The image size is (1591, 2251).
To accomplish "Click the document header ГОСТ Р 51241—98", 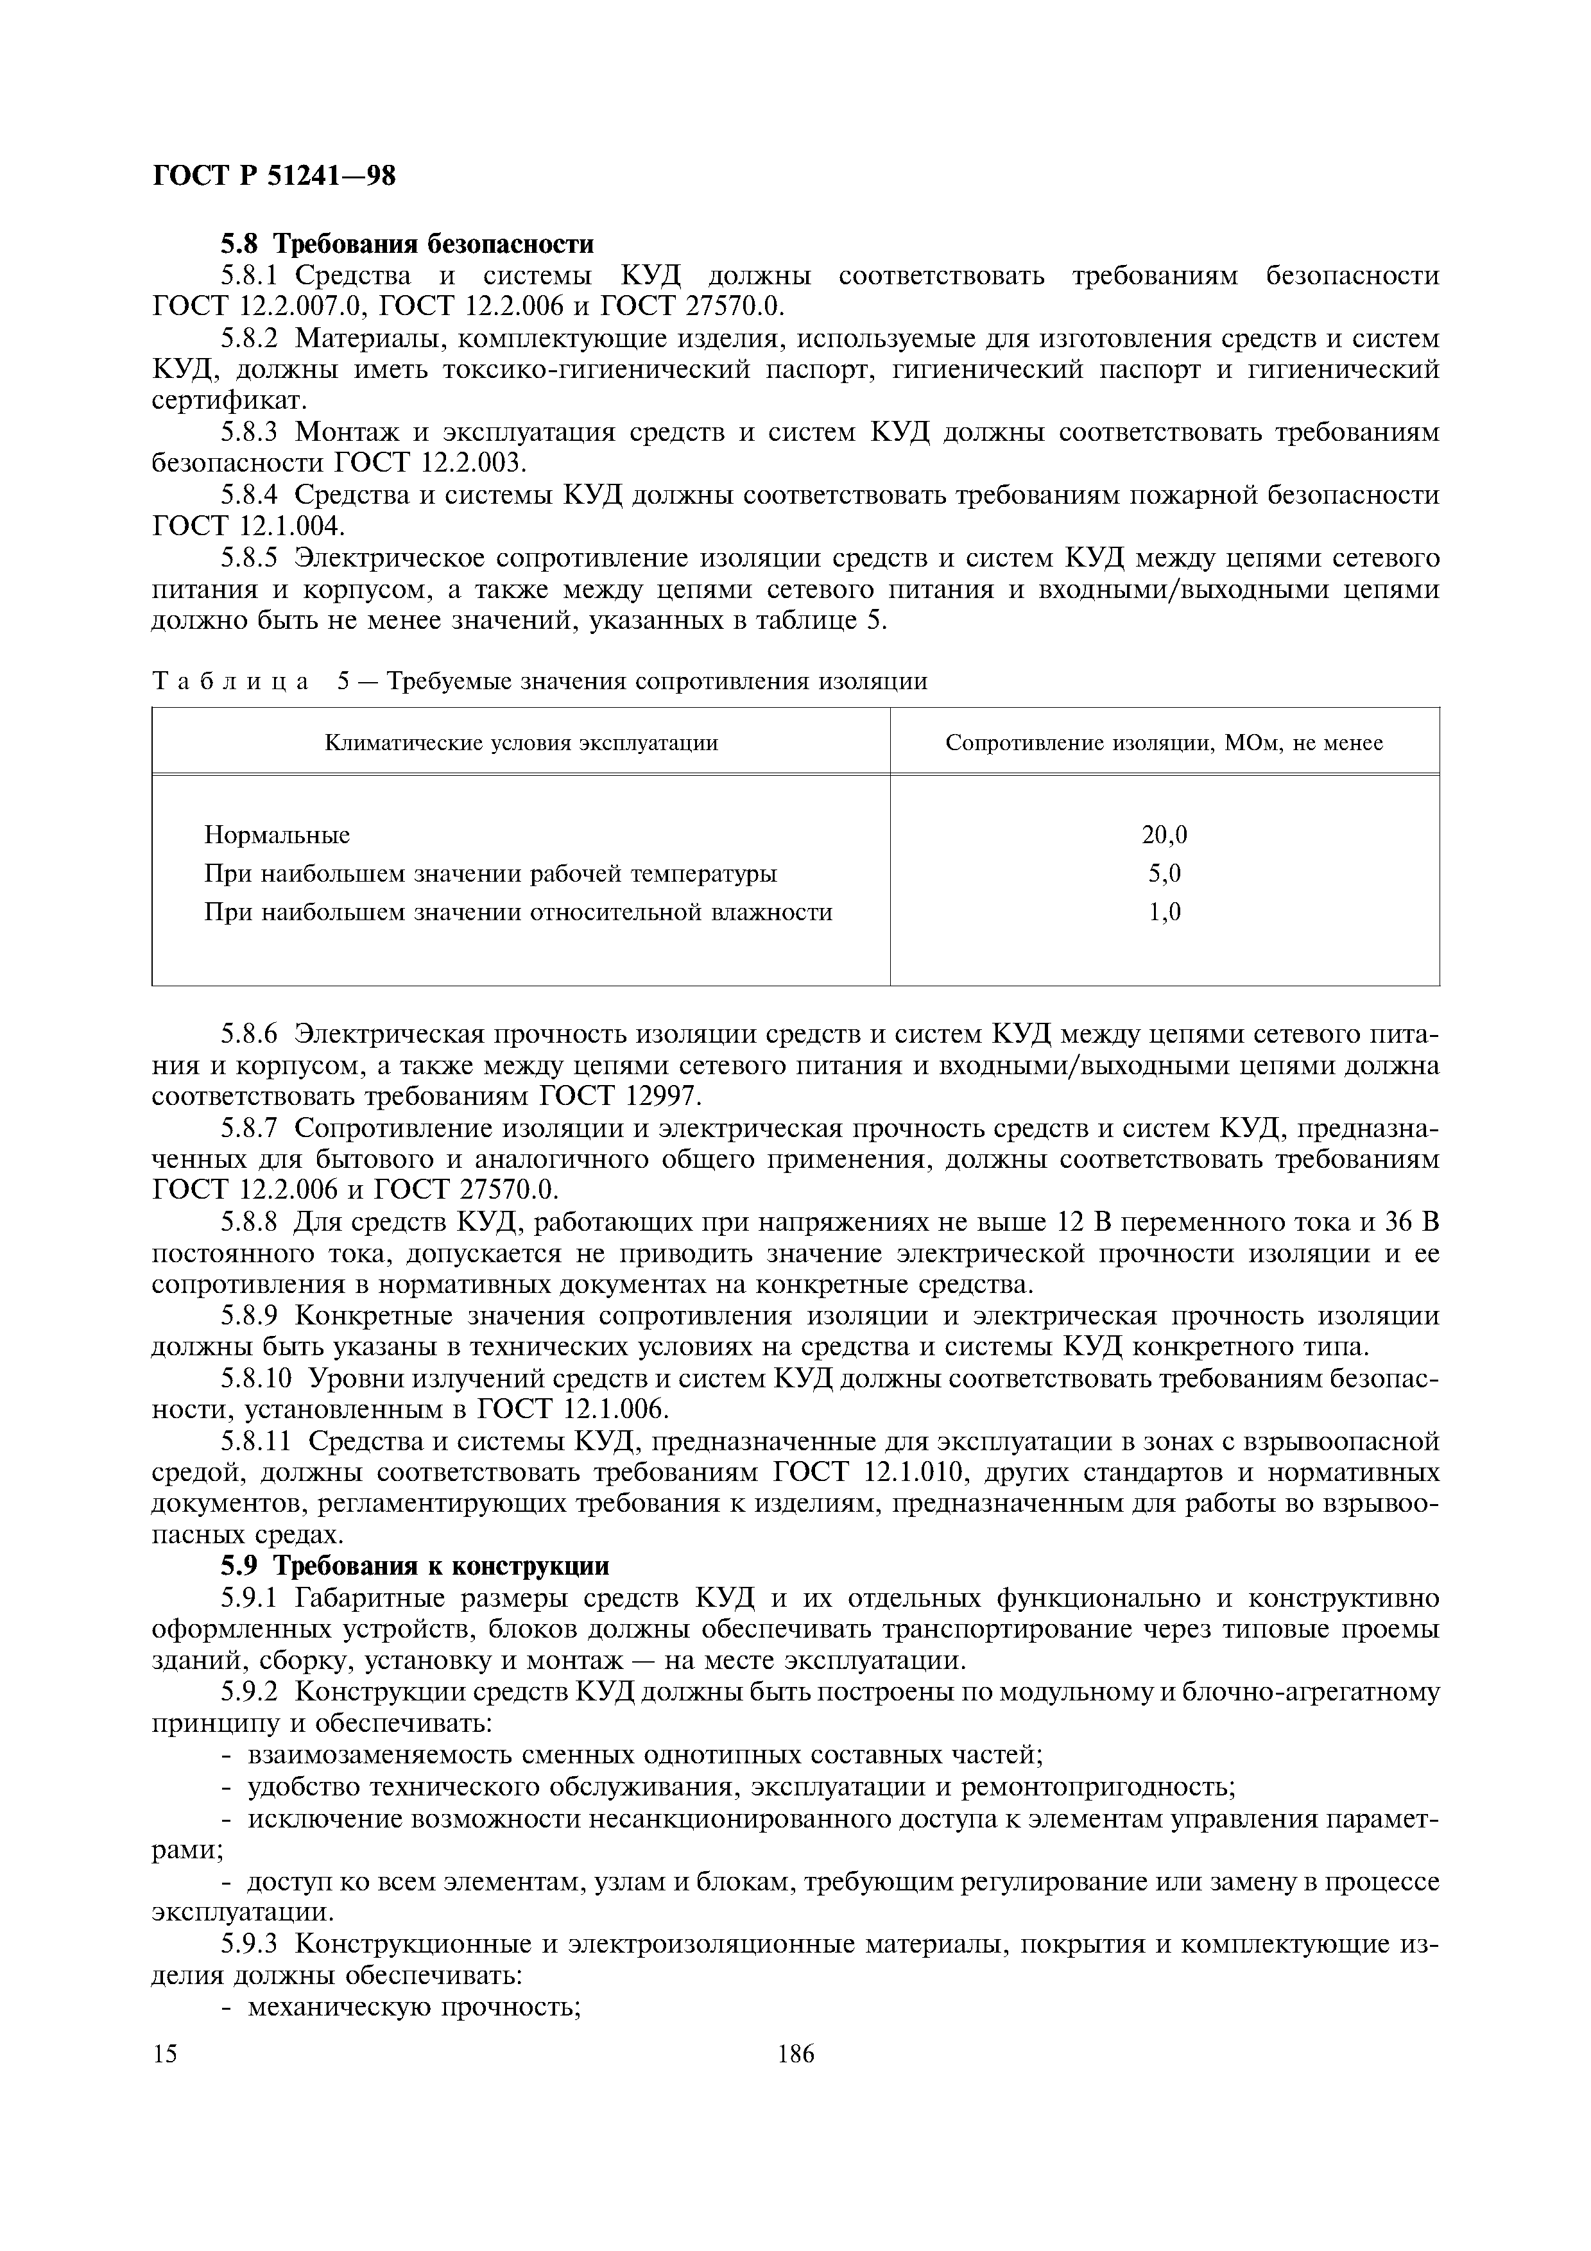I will [x=275, y=176].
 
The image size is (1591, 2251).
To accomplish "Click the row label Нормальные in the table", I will [x=277, y=835].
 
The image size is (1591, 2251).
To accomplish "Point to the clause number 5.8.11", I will [x=256, y=1441].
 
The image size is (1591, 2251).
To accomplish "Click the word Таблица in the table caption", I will [x=230, y=681].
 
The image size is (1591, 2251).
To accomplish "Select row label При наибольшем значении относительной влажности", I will [x=517, y=912].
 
